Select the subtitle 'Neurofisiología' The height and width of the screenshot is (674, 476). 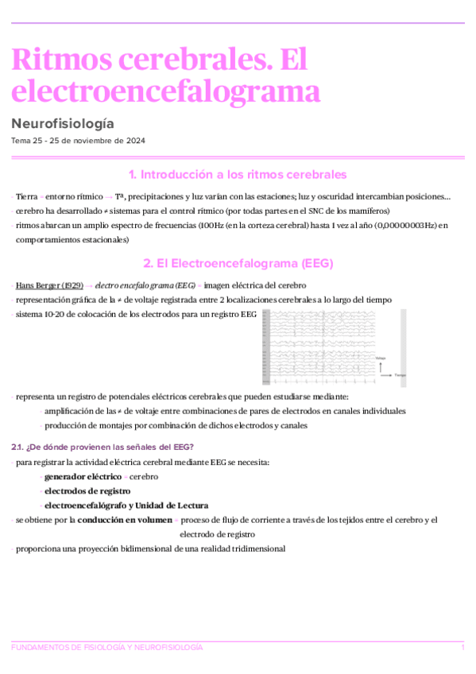[63, 124]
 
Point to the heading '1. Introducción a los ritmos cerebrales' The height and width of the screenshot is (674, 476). [238, 175]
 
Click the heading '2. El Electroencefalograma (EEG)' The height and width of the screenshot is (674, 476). [238, 263]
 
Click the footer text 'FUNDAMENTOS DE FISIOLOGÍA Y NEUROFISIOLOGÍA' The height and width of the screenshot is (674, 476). [107, 648]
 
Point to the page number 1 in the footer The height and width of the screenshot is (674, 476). [462, 648]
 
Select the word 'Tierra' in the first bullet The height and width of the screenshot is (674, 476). [26, 196]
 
